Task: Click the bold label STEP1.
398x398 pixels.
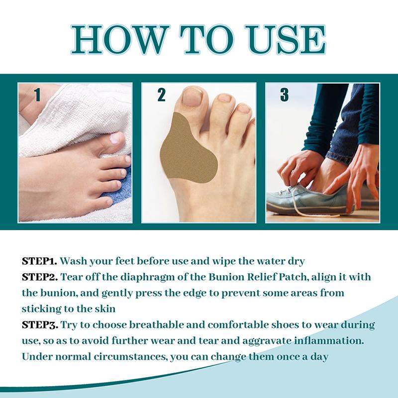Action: (x=40, y=261)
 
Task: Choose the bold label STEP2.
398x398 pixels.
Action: (x=40, y=277)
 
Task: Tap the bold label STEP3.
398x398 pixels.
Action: (x=40, y=325)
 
